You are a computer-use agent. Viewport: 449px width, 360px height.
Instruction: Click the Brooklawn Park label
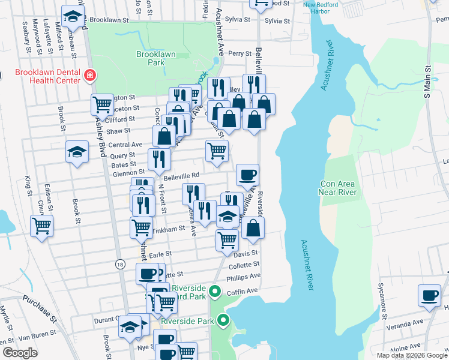pyautogui.click(x=155, y=58)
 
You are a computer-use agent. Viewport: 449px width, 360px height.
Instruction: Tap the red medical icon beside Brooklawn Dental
pyautogui.click(x=89, y=76)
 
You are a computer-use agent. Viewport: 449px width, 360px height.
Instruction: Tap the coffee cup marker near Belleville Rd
pyautogui.click(x=247, y=176)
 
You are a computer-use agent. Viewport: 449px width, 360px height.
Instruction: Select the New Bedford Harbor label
pyautogui.click(x=325, y=9)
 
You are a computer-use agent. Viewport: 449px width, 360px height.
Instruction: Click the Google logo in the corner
pyautogui.click(x=20, y=353)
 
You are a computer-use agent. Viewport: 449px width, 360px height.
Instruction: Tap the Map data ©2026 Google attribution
pyautogui.click(x=411, y=355)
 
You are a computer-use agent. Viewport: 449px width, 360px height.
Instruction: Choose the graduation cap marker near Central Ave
pyautogui.click(x=76, y=152)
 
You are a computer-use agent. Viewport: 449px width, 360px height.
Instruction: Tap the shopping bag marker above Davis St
pyautogui.click(x=253, y=228)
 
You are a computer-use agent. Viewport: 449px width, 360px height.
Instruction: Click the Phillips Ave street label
pyautogui.click(x=243, y=277)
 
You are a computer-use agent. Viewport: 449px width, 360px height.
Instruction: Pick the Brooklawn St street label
pyautogui.click(x=110, y=20)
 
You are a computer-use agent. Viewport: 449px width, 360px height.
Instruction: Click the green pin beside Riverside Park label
pyautogui.click(x=224, y=320)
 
